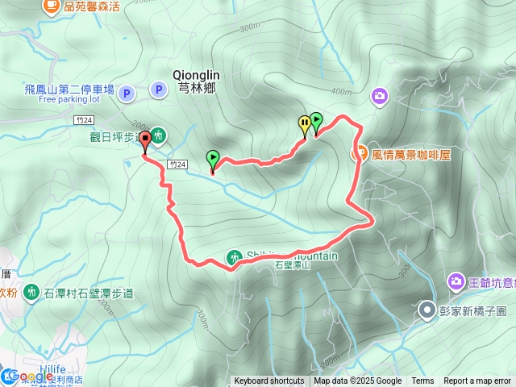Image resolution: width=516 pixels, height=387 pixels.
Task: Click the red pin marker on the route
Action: point(146,139)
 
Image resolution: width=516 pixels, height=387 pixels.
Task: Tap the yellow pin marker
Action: point(304,123)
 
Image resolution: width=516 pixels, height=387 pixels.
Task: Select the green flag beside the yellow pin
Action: point(316,122)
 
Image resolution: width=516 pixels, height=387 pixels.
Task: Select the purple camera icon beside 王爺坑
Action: point(455,282)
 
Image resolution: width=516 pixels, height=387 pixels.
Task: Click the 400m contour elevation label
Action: point(341,91)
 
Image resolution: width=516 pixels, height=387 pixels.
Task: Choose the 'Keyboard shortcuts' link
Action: point(269,381)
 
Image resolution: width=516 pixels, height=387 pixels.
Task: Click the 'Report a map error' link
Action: point(477,381)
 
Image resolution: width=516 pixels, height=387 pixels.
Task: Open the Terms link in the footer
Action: point(422,381)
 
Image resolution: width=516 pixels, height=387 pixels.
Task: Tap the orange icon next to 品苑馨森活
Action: point(52,6)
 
